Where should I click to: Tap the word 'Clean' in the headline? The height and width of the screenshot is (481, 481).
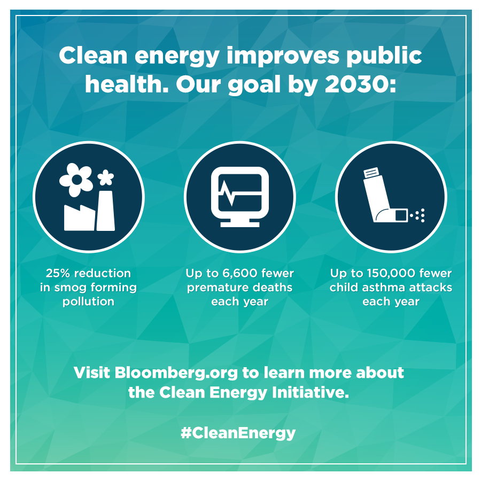[x=93, y=56]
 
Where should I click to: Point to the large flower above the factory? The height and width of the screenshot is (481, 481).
[x=76, y=180]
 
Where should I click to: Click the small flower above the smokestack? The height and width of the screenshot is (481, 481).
[x=105, y=177]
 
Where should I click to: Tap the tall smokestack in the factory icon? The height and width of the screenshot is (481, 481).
[x=106, y=211]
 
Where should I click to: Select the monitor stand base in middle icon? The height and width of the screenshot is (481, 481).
[x=240, y=224]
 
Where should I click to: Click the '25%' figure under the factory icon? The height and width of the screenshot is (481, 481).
[x=58, y=273]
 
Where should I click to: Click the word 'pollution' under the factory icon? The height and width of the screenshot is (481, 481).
[x=88, y=301]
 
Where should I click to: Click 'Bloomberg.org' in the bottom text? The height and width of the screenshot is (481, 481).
[x=176, y=373]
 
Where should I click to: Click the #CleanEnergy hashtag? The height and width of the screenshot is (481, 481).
[x=238, y=433]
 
